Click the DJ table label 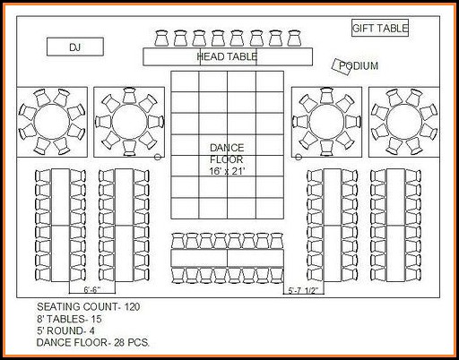(75, 47)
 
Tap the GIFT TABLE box (380, 28)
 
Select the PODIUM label (359, 65)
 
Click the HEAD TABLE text (227, 56)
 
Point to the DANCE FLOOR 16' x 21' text (227, 159)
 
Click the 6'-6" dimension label (92, 290)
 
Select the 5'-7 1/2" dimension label (303, 290)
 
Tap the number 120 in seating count (132, 307)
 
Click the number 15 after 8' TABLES (96, 319)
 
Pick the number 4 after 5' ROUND (91, 330)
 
